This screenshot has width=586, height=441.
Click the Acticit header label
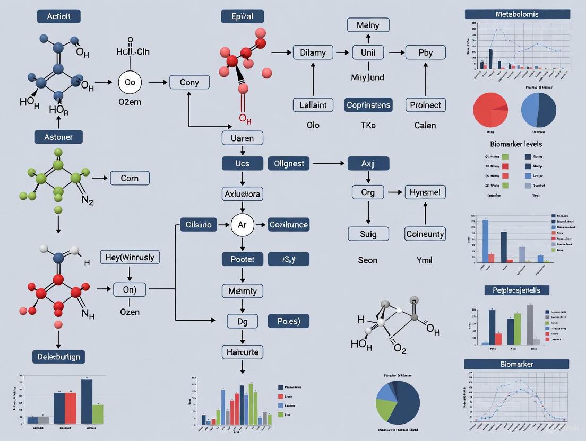pyautogui.click(x=58, y=16)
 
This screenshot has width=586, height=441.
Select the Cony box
pyautogui.click(x=189, y=82)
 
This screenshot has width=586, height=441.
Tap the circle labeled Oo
pyautogui.click(x=130, y=83)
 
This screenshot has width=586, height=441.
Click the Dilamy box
pyautogui.click(x=313, y=52)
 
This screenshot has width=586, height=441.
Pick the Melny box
pyautogui.click(x=368, y=24)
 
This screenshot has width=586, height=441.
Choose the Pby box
pyautogui.click(x=426, y=52)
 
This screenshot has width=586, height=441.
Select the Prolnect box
pyautogui.click(x=426, y=105)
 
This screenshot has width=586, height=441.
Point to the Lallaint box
pyautogui.click(x=313, y=105)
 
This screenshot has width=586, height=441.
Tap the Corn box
pyautogui.click(x=130, y=178)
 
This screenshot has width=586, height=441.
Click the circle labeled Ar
pyautogui.click(x=242, y=225)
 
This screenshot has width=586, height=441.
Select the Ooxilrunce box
pyautogui.click(x=288, y=225)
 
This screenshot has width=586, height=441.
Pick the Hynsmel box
pyautogui.click(x=425, y=192)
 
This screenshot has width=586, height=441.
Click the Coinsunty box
pyautogui.click(x=425, y=234)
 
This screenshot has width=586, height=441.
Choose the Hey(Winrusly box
pyautogui.click(x=130, y=258)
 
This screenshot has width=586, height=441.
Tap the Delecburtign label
pyautogui.click(x=58, y=357)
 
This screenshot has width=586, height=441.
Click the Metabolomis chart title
pyautogui.click(x=517, y=14)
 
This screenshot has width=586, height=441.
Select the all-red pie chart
pyautogui.click(x=490, y=110)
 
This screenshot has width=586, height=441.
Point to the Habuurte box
pyautogui.click(x=242, y=352)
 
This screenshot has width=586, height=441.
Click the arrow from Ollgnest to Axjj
pyautogui.click(x=329, y=163)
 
